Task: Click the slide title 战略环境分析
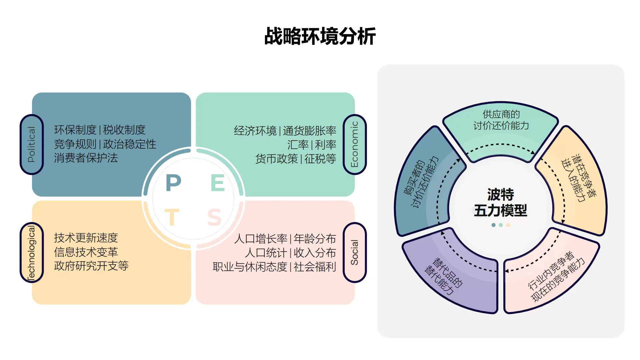[320, 36]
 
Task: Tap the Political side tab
[32, 144]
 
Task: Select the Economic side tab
[355, 144]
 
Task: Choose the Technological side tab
[32, 252]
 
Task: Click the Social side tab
[355, 252]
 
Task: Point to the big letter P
[173, 183]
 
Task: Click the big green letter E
[218, 183]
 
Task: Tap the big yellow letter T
[172, 217]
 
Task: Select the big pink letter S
[214, 217]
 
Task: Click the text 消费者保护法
[86, 158]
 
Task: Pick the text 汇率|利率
[312, 145]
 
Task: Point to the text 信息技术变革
[86, 252]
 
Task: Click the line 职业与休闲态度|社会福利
[274, 267]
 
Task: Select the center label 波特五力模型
[500, 202]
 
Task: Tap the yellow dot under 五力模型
[508, 225]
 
